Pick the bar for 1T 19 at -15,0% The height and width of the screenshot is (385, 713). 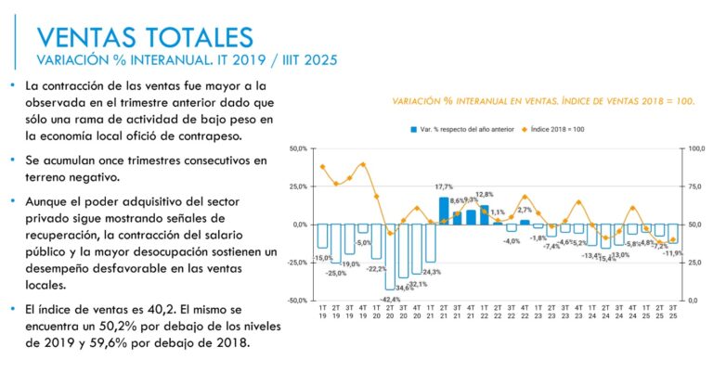[322, 237]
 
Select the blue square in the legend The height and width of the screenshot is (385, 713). [413, 129]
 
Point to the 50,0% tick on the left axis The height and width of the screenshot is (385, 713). [299, 148]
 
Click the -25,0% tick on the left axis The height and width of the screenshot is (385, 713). [298, 263]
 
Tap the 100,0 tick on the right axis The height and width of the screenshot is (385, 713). [695, 148]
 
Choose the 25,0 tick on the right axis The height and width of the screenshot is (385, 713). [694, 263]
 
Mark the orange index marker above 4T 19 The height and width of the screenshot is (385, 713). [363, 165]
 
